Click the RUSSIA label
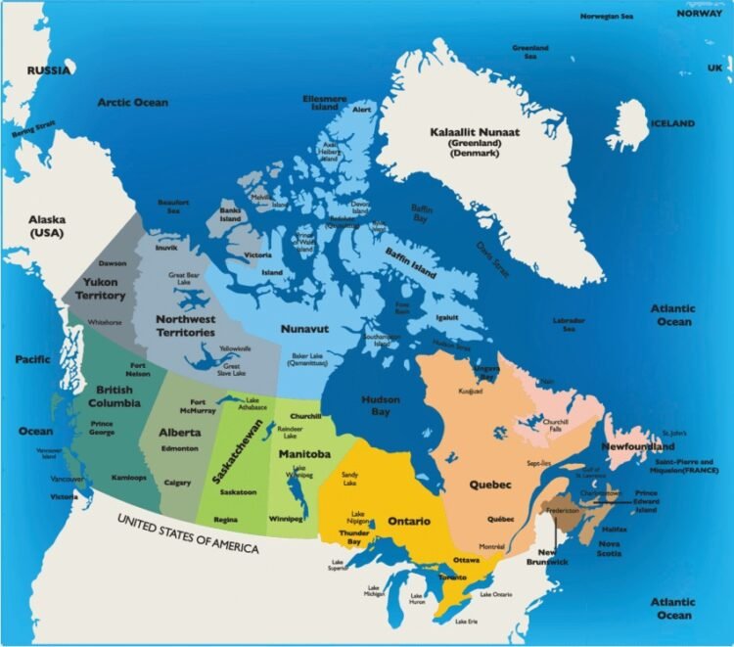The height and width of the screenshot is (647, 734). pyautogui.click(x=49, y=70)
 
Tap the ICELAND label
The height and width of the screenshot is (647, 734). pyautogui.click(x=674, y=124)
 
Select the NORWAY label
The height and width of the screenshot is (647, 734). pyautogui.click(x=701, y=14)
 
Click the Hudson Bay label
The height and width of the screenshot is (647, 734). pyautogui.click(x=381, y=406)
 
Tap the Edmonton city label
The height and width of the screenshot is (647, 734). pyautogui.click(x=179, y=448)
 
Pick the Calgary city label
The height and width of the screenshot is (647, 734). pyautogui.click(x=177, y=483)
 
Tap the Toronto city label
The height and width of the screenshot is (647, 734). pyautogui.click(x=454, y=578)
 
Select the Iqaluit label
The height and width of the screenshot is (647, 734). pyautogui.click(x=445, y=318)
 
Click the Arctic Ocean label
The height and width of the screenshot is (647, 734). pyautogui.click(x=132, y=103)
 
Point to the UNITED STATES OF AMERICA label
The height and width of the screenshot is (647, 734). pyautogui.click(x=189, y=532)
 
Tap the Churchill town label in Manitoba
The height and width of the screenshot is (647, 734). pyautogui.click(x=305, y=416)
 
